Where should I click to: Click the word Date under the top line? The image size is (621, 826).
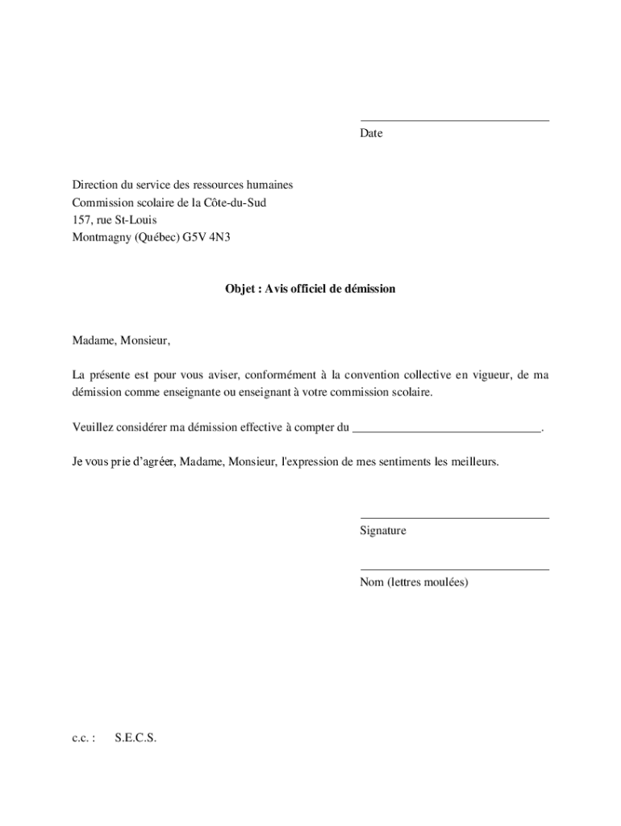[371, 133]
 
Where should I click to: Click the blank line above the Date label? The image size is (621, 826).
[454, 121]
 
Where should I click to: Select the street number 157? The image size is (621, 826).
[81, 219]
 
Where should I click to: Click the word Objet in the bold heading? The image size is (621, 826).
[240, 288]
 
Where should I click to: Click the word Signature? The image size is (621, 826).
[383, 531]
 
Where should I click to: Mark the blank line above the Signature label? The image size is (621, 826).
[454, 518]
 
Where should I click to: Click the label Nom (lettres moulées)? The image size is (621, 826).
[414, 582]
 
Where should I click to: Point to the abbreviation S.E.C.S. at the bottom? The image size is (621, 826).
[135, 737]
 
